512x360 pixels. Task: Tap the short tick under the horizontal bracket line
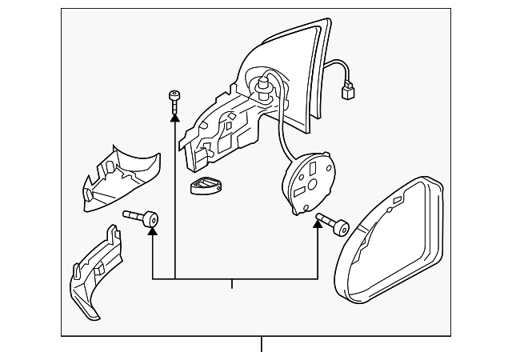click(232, 283)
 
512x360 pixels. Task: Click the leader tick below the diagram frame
click(261, 345)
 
